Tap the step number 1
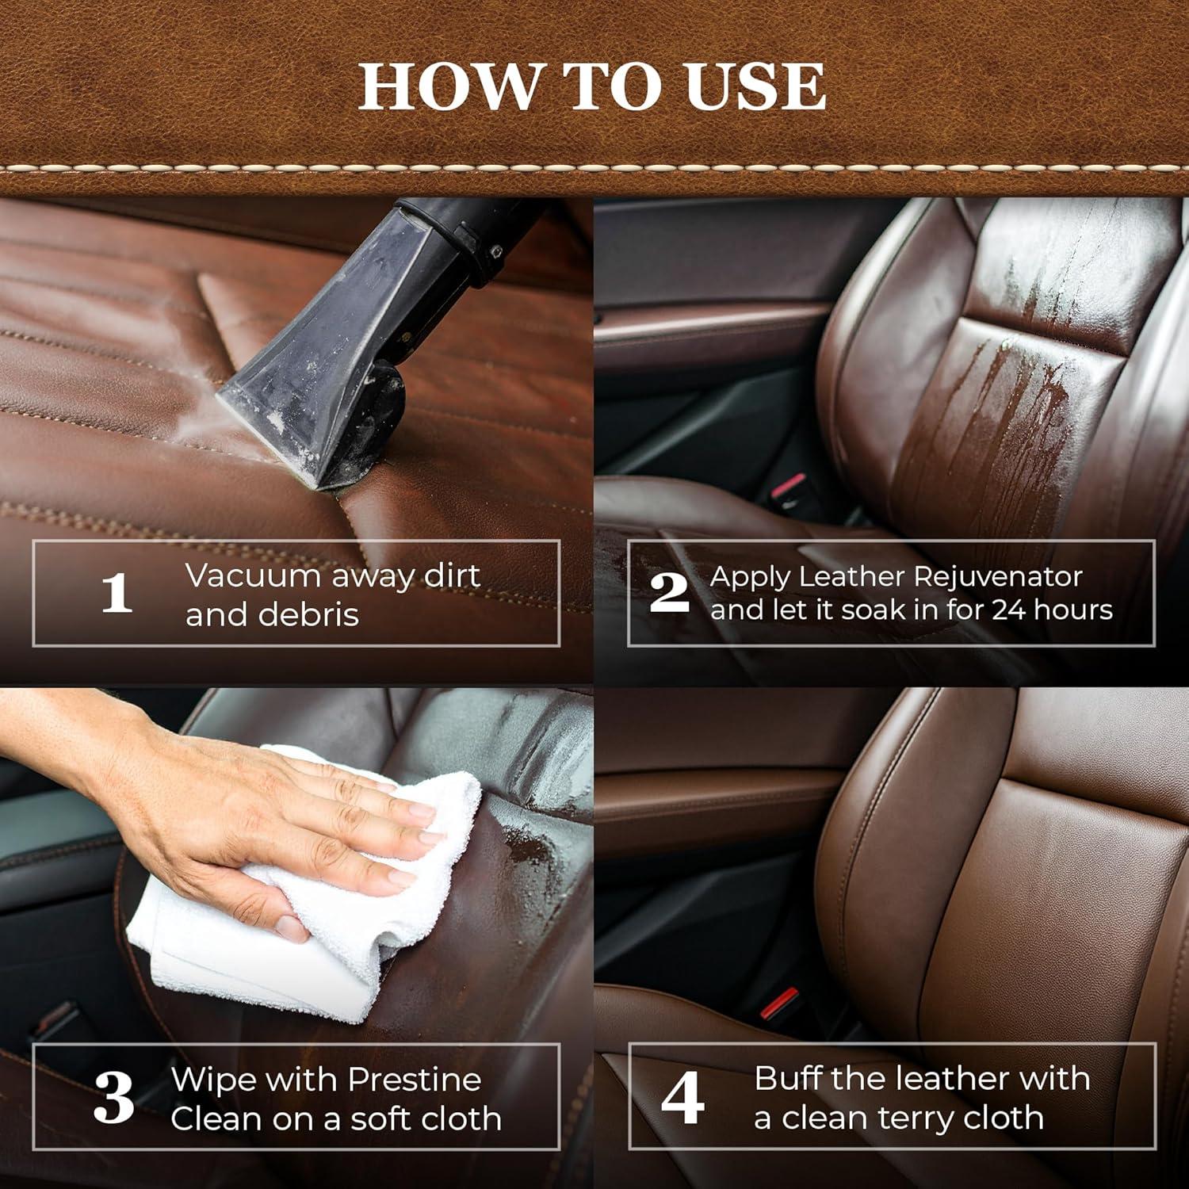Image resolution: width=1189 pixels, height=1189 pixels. tap(117, 593)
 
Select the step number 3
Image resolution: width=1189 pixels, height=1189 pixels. tap(113, 1098)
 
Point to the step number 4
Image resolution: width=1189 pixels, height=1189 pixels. tap(682, 1098)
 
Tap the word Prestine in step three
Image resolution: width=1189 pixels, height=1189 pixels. tap(414, 1080)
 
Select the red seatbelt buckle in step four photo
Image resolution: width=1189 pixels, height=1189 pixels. tap(778, 1003)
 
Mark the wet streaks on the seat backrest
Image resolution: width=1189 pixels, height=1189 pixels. tap(999, 396)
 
